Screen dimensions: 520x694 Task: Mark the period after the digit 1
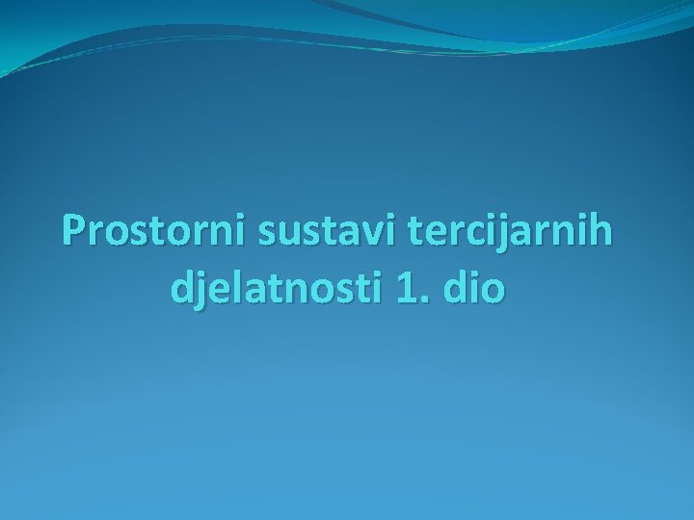point(423,299)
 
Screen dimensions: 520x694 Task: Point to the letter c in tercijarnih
point(442,234)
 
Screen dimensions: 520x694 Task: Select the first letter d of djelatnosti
point(180,288)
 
